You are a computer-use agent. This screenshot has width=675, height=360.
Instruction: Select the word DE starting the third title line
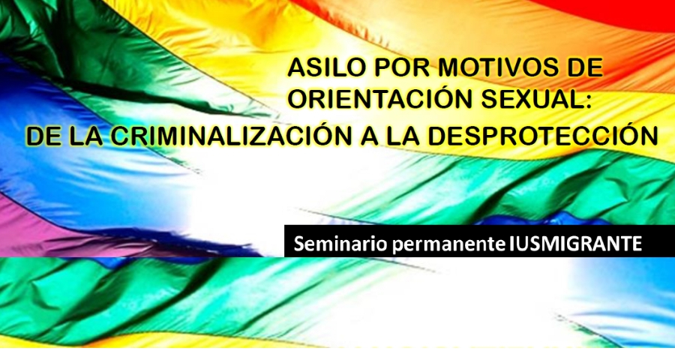(43, 136)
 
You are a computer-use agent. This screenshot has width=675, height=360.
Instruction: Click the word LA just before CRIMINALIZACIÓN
(86, 136)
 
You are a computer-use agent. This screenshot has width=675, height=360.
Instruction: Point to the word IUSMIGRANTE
(575, 244)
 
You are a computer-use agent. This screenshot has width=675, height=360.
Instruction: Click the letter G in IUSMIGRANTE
(569, 244)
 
